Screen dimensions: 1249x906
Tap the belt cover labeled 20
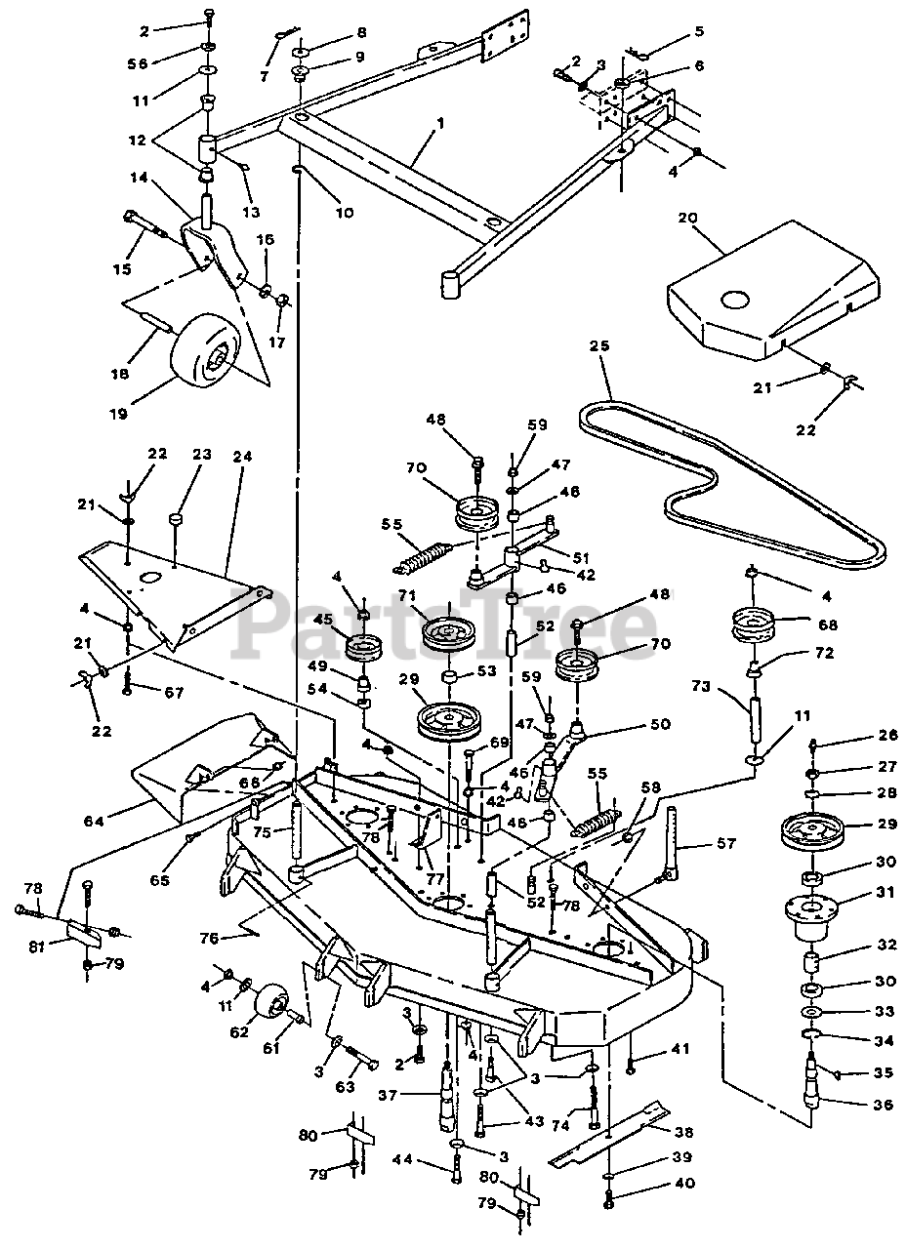tap(766, 288)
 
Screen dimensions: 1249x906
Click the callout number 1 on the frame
tap(440, 123)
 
